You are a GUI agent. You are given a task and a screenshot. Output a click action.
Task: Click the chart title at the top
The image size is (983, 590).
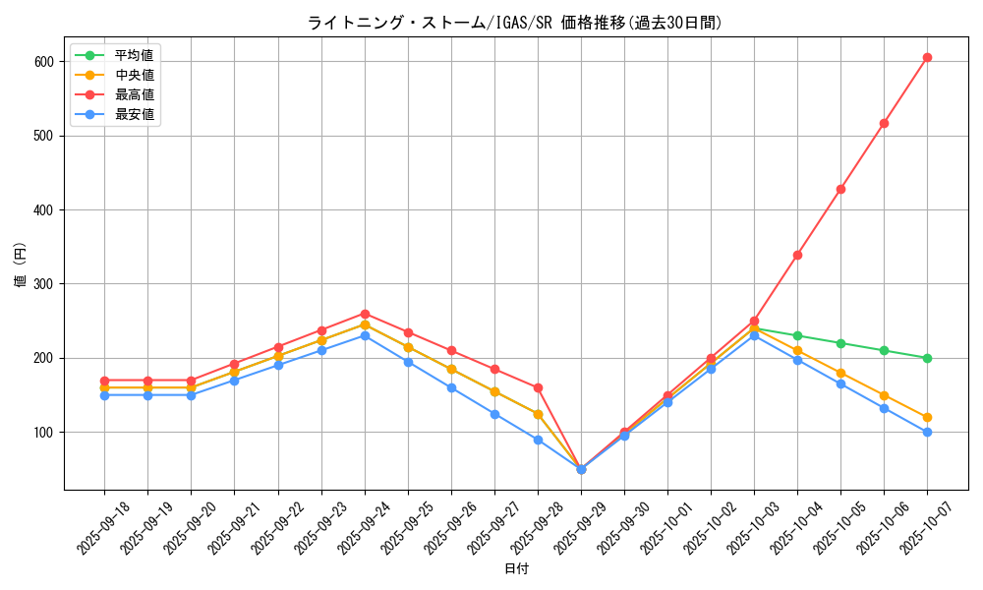click(515, 23)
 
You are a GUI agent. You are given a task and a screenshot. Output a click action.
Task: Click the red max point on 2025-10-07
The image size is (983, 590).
click(927, 57)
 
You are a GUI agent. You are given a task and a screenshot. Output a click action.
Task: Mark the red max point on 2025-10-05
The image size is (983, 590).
click(840, 189)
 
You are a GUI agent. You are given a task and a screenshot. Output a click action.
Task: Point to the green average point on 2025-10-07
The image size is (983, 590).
click(927, 358)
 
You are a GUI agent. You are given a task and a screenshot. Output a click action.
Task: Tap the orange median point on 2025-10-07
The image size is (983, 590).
click(927, 417)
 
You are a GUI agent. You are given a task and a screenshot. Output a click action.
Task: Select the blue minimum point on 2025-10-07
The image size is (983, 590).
click(927, 432)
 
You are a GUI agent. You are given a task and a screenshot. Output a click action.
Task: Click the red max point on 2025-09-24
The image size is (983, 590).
click(365, 314)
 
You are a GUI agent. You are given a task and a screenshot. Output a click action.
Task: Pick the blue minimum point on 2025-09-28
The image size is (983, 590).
click(538, 440)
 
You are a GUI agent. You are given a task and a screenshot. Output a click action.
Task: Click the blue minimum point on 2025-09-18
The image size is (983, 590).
click(104, 395)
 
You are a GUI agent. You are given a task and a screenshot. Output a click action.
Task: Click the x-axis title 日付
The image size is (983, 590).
click(516, 569)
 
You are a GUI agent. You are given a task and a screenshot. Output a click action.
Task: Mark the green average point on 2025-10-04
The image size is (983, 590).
click(797, 335)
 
